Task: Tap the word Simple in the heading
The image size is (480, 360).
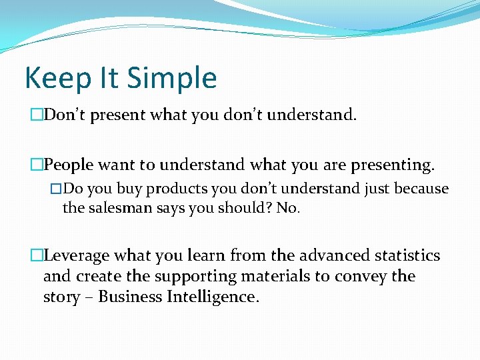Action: click(171, 78)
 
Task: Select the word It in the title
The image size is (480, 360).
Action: click(110, 78)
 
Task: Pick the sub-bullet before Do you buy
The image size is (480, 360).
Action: click(56, 189)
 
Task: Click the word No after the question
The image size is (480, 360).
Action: click(287, 207)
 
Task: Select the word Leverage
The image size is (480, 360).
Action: click(77, 255)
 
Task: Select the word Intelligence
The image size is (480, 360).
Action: click(217, 297)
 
